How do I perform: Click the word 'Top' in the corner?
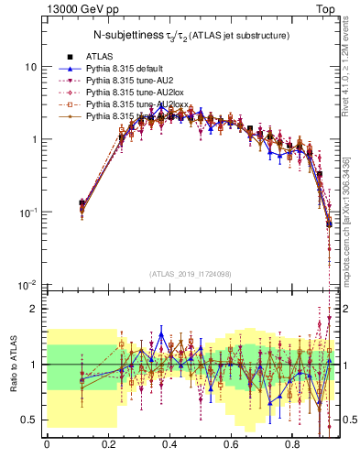326,7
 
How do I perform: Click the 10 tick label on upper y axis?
30,68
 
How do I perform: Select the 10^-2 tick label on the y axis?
28,285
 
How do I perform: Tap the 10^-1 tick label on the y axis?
28,213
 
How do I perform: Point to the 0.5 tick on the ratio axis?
29,420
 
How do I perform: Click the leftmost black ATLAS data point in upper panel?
82,203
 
